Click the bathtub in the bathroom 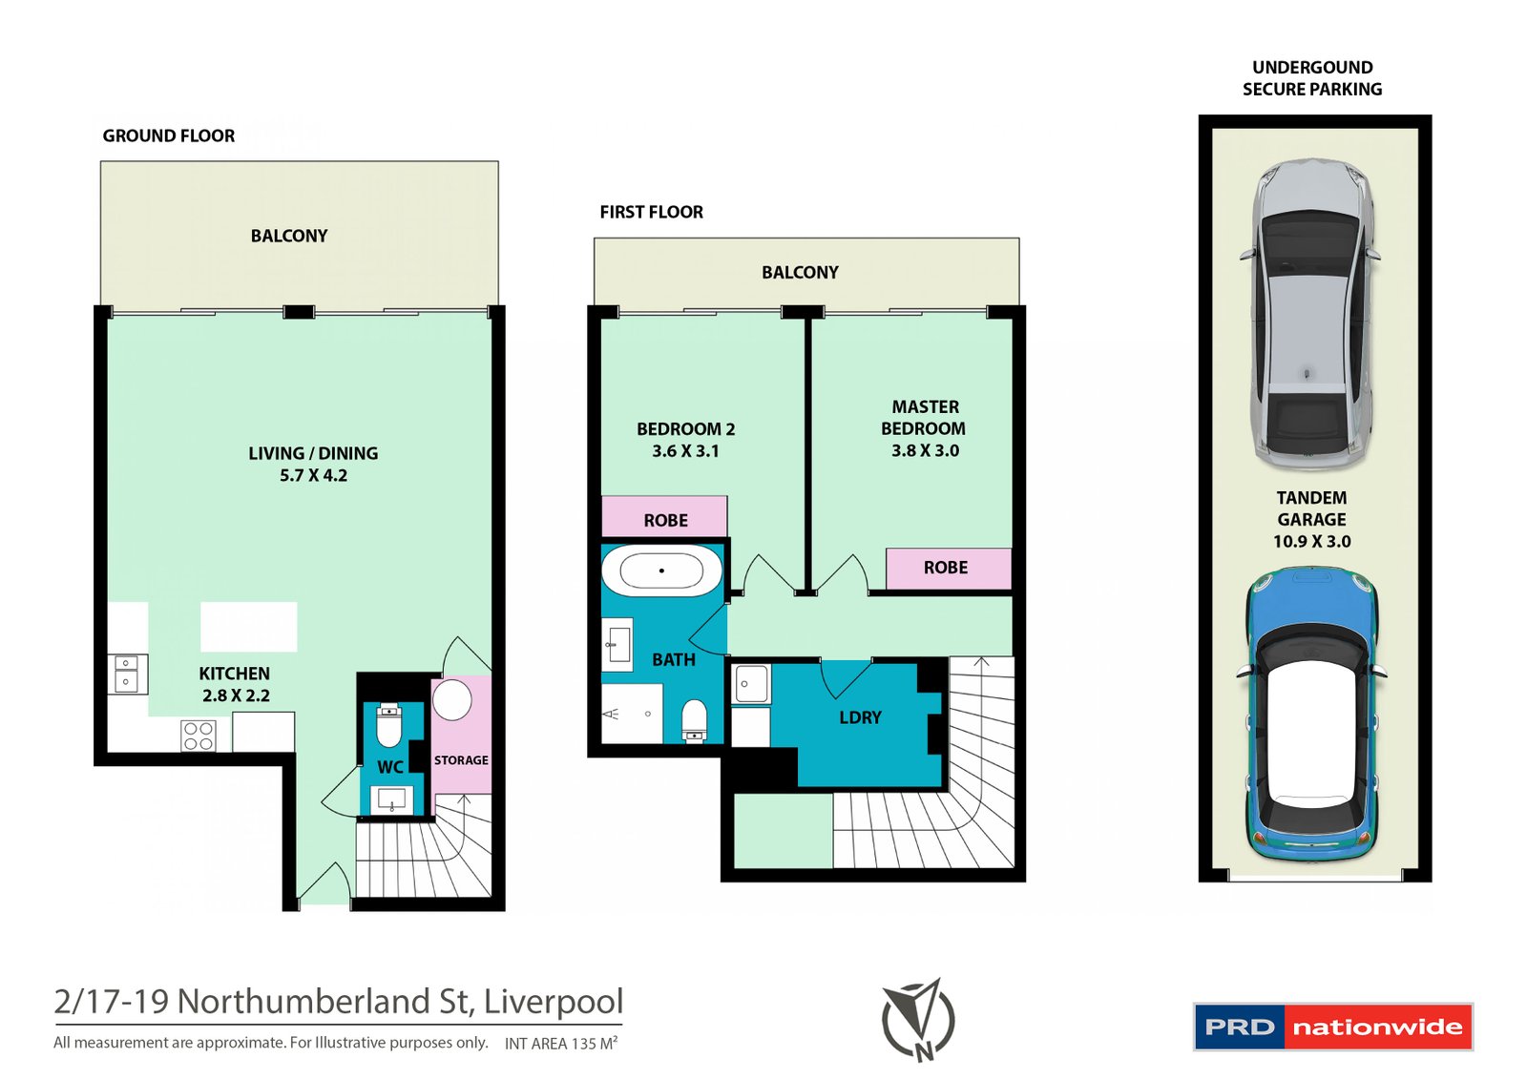pos(660,571)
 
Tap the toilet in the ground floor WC pos(388,727)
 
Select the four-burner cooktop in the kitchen pos(199,736)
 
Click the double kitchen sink pos(126,673)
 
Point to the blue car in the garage pos(1312,716)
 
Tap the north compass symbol pos(918,1020)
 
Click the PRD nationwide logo pos(1332,1027)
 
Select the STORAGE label pos(461,760)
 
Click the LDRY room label pos(860,717)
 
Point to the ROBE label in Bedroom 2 pos(665,521)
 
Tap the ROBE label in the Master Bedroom pos(945,568)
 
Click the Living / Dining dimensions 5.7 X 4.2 pos(313,475)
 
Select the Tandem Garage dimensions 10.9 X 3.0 pos(1311,542)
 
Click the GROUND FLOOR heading pos(169,136)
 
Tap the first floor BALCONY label pos(800,273)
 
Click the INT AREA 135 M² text pos(560,1044)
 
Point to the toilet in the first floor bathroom pos(695,720)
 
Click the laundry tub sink pos(751,684)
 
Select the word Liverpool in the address pos(553,1002)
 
